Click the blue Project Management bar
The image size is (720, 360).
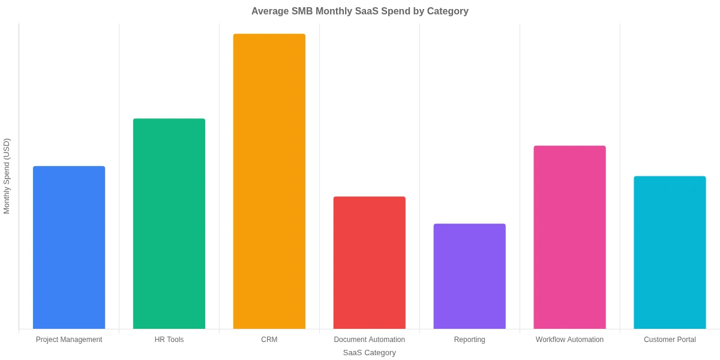click(69, 247)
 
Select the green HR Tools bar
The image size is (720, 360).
click(169, 223)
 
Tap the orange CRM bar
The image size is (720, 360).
click(269, 181)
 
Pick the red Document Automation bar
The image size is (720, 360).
click(370, 262)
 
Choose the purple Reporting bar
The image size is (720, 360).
click(470, 276)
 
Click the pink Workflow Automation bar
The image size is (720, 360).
click(570, 237)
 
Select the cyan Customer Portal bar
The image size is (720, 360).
click(670, 252)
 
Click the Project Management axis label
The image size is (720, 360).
click(69, 340)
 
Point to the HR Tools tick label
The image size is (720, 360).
click(169, 340)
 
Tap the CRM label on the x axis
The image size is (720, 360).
click(269, 340)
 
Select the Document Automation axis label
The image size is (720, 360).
click(370, 340)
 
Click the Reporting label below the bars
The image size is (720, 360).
click(470, 340)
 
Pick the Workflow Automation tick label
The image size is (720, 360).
click(570, 340)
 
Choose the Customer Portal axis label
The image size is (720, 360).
click(670, 340)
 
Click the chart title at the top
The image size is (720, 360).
click(360, 11)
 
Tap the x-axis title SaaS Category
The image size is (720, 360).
click(370, 353)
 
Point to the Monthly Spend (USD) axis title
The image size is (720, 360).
click(7, 176)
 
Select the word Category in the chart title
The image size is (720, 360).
click(448, 11)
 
